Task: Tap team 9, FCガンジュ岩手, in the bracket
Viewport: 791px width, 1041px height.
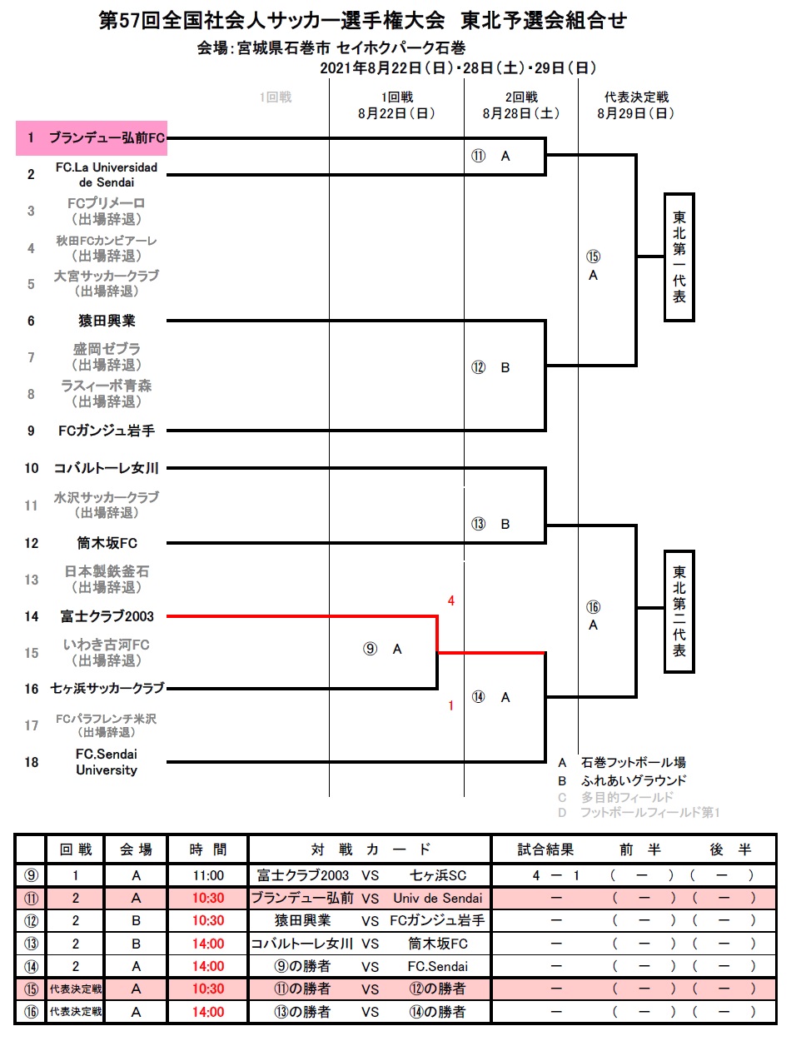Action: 107,431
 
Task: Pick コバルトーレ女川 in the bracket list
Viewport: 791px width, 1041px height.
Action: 107,468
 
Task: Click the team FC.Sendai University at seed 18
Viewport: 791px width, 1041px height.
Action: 107,762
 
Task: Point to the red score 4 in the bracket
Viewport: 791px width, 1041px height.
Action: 450,600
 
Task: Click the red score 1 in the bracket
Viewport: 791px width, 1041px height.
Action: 450,706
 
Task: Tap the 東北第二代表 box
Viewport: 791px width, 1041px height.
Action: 679,611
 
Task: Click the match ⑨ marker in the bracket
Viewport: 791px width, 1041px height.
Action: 371,650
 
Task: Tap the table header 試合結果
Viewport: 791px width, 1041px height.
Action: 545,850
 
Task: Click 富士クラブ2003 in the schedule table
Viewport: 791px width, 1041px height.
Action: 303,875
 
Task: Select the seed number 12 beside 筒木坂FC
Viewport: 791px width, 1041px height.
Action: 32,543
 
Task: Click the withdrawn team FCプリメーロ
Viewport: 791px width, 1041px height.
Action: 107,203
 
